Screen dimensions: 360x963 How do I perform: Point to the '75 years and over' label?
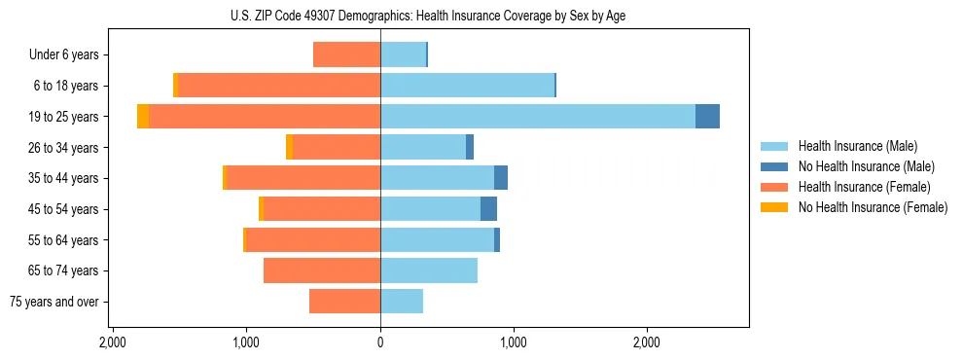pyautogui.click(x=54, y=302)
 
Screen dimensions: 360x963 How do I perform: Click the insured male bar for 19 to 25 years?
pyautogui.click(x=537, y=117)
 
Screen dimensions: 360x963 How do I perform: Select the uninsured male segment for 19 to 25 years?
pyautogui.click(x=707, y=117)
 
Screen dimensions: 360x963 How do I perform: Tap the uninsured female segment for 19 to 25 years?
pyautogui.click(x=143, y=117)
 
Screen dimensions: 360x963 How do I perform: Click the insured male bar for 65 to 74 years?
pyautogui.click(x=428, y=270)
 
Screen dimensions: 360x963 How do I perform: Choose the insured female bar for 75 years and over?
pyautogui.click(x=344, y=302)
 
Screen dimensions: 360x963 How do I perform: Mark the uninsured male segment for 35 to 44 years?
pyautogui.click(x=500, y=178)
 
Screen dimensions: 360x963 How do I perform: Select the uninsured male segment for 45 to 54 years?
pyautogui.click(x=488, y=209)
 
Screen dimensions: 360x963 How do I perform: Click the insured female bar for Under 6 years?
pyautogui.click(x=346, y=54)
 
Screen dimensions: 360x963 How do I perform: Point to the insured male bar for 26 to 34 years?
pyautogui.click(x=422, y=147)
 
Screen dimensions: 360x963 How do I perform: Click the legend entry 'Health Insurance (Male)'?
pyautogui.click(x=857, y=146)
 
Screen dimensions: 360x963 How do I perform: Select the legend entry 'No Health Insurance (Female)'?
pyautogui.click(x=873, y=207)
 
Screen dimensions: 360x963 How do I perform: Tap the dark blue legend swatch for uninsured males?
pyautogui.click(x=774, y=166)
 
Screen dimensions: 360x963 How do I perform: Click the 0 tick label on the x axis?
pyautogui.click(x=380, y=342)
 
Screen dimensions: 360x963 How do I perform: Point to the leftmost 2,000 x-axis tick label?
pyautogui.click(x=113, y=342)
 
